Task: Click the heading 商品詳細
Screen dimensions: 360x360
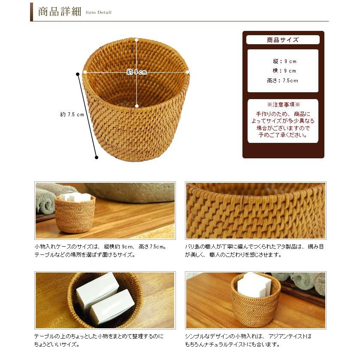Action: pos(59,12)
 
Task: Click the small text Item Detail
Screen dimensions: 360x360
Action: pos(98,12)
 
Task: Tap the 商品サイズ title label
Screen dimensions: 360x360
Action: pos(283,40)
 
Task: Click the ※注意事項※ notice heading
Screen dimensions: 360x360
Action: pos(283,105)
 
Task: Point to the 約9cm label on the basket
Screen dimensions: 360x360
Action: pos(137,72)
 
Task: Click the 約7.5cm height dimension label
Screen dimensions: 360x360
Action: pos(72,115)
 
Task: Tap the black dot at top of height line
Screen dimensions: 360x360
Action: pos(78,74)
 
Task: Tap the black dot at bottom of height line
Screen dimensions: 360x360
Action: pos(97,157)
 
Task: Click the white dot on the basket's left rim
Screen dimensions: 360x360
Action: pos(85,72)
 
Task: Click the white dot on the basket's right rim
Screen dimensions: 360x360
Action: pos(188,72)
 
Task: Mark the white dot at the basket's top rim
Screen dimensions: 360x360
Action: pos(136,40)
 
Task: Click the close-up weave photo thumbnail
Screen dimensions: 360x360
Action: pos(255,210)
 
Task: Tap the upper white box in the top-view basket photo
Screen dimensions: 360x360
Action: pos(97,287)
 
